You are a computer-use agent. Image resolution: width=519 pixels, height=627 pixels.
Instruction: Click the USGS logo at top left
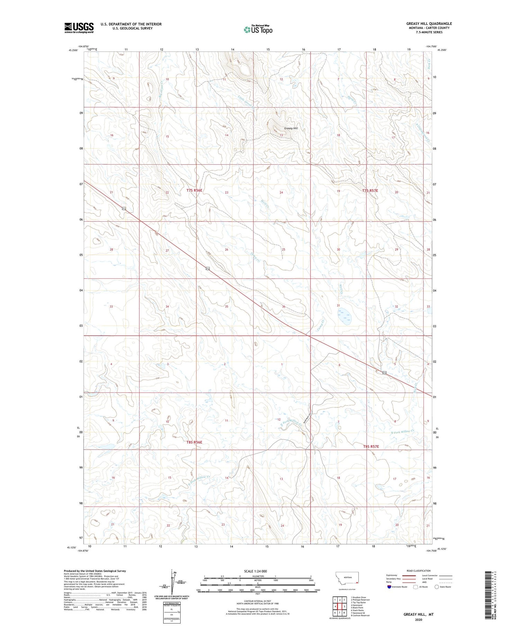tap(79, 28)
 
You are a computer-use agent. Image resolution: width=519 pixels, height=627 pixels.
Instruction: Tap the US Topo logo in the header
tap(258, 30)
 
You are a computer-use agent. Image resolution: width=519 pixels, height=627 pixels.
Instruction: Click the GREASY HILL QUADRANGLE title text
tap(429, 24)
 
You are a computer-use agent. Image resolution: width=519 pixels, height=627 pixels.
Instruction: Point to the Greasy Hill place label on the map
tap(291, 128)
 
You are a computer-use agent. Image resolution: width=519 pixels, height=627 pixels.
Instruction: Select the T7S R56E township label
tap(194, 190)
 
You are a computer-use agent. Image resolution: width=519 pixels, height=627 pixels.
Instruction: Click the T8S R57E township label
tap(371, 446)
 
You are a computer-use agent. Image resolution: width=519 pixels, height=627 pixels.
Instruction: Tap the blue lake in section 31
tap(344, 315)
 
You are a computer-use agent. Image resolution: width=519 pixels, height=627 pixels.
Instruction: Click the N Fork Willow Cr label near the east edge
tap(402, 432)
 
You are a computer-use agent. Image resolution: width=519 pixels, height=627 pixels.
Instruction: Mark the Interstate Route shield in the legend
tap(389, 587)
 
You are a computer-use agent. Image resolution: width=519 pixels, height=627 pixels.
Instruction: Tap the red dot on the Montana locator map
tap(356, 582)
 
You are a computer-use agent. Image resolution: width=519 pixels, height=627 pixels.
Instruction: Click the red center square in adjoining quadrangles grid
tap(339, 606)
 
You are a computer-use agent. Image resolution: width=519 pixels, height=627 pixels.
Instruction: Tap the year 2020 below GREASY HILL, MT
tap(418, 619)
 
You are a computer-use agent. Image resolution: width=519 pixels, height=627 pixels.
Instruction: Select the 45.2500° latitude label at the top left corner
tap(73, 50)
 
